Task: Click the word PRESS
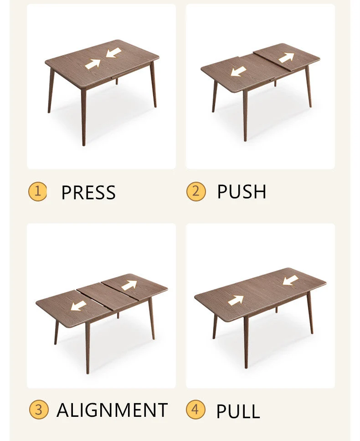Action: pos(88,192)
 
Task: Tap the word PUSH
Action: pos(242,192)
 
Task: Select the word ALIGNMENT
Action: pos(112,410)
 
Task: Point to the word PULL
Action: pos(238,411)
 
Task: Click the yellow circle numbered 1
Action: pos(38,192)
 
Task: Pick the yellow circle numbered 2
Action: pos(196,191)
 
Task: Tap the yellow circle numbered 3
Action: pos(39,410)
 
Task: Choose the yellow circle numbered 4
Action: pos(195,409)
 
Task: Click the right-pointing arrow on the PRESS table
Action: pos(93,64)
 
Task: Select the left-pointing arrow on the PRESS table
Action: pos(113,52)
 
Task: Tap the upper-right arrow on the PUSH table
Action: pos(286,57)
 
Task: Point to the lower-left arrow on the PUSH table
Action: pos(238,72)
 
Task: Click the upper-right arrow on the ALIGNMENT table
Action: pos(129,285)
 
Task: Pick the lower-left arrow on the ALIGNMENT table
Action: pos(78,306)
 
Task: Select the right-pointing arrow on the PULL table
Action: pos(236,301)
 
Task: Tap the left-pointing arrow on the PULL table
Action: pos(290,280)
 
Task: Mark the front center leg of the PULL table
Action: pos(246,342)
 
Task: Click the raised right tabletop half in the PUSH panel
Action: pos(287,57)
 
